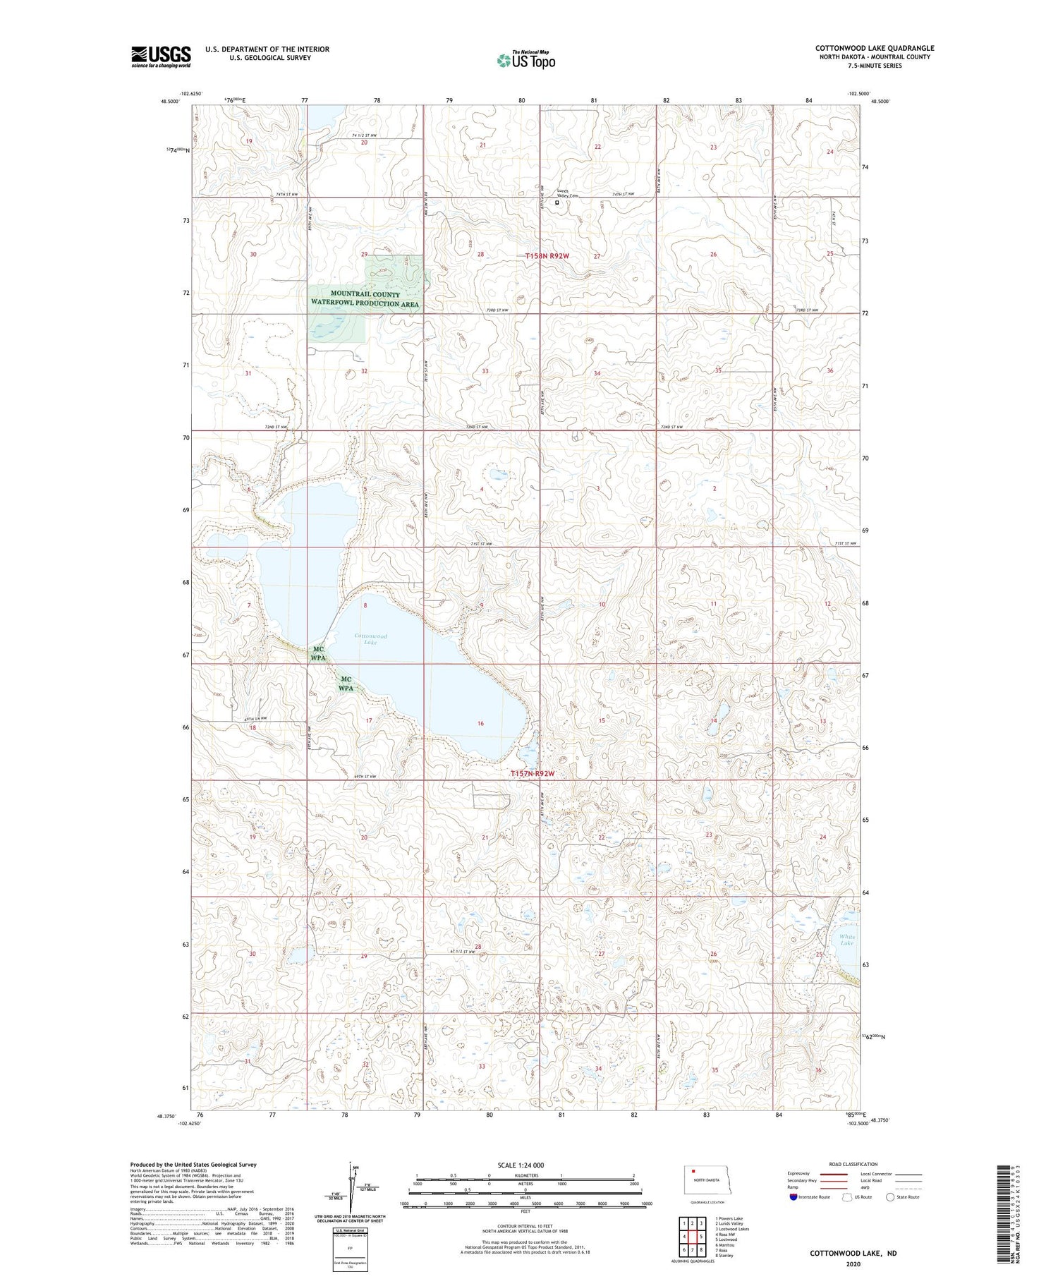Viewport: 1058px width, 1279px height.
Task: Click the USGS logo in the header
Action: (161, 56)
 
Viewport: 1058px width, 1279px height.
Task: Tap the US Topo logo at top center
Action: (525, 61)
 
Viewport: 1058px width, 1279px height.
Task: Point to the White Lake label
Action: (846, 940)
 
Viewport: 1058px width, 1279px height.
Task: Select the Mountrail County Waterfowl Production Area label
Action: (365, 299)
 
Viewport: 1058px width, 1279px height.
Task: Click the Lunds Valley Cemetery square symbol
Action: (557, 202)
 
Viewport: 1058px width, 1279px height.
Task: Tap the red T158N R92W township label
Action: (547, 256)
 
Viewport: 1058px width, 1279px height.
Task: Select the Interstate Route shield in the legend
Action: (793, 1197)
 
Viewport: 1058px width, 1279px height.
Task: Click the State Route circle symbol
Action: (891, 1197)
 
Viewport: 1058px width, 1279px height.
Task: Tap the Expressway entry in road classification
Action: (798, 1174)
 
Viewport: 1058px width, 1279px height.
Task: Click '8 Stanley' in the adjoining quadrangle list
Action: (724, 1256)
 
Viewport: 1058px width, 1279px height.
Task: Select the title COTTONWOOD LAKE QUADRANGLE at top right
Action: (875, 48)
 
